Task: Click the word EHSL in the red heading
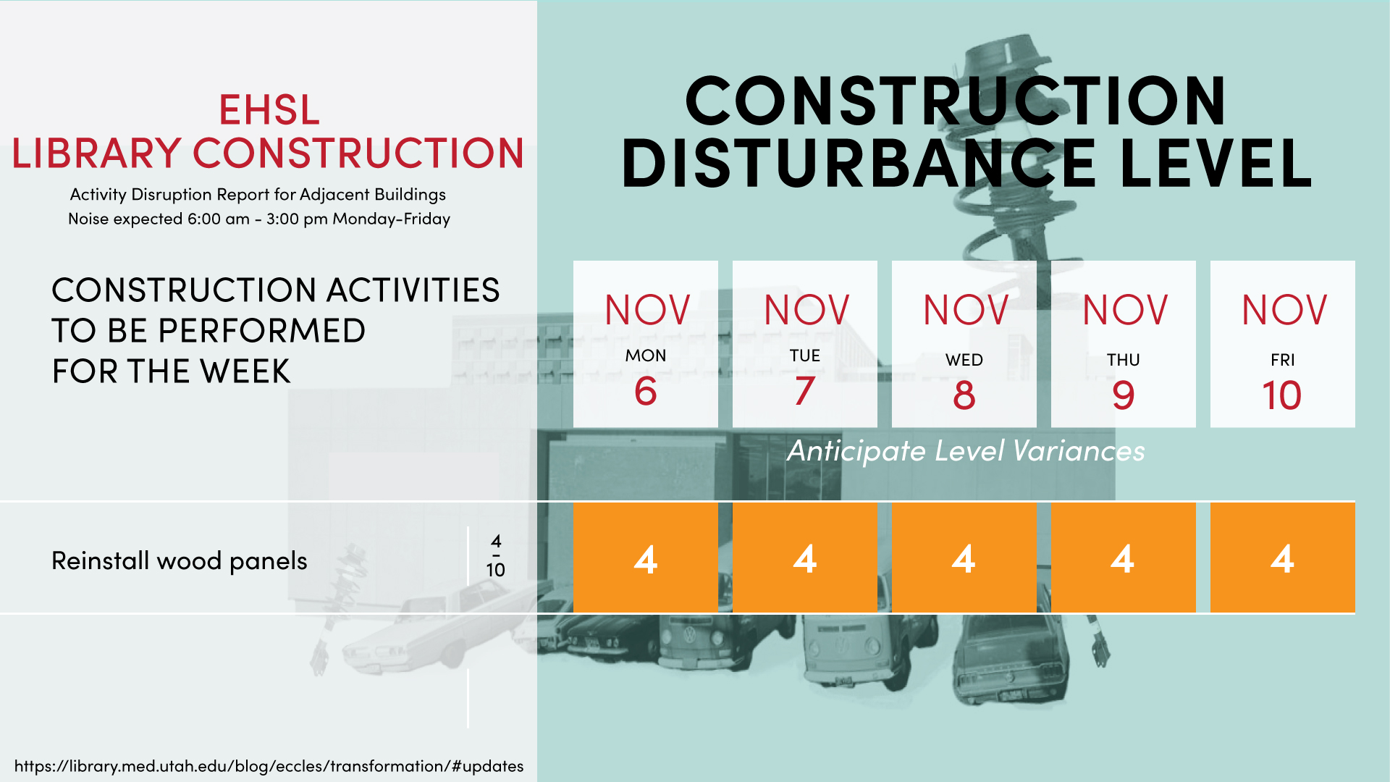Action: pyautogui.click(x=269, y=110)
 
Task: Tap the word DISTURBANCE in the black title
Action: pyautogui.click(x=859, y=164)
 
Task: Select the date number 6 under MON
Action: pyautogui.click(x=645, y=391)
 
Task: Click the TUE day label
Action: pyautogui.click(x=805, y=356)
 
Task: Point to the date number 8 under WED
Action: pyautogui.click(x=964, y=395)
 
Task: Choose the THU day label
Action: pyautogui.click(x=1124, y=360)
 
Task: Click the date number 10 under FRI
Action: pyautogui.click(x=1281, y=395)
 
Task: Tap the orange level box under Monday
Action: pyautogui.click(x=646, y=558)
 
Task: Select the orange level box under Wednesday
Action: pyautogui.click(x=964, y=558)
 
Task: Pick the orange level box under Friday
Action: pyautogui.click(x=1283, y=558)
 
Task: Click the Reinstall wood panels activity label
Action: pyautogui.click(x=180, y=561)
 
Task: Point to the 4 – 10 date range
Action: pyautogui.click(x=496, y=555)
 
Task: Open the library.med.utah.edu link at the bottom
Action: pyautogui.click(x=269, y=766)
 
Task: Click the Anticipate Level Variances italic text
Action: pyautogui.click(x=966, y=451)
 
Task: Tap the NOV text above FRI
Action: pyautogui.click(x=1284, y=310)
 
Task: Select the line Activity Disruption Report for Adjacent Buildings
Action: pyautogui.click(x=258, y=195)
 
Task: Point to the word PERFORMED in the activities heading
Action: pyautogui.click(x=261, y=331)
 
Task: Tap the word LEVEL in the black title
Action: pyautogui.click(x=1216, y=164)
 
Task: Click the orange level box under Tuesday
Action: pyautogui.click(x=805, y=558)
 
